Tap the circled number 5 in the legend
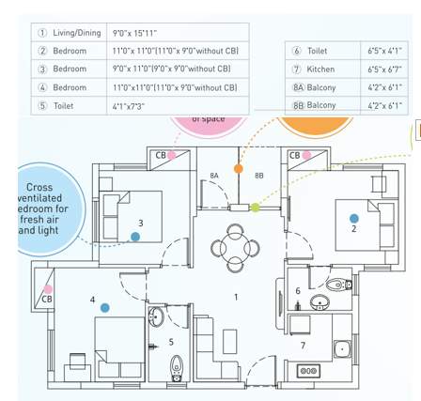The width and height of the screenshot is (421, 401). [x=42, y=106]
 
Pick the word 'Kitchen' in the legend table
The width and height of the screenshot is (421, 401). [x=320, y=69]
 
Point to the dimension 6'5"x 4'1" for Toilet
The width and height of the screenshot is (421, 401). [x=384, y=51]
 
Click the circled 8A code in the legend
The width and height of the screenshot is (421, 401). [x=298, y=87]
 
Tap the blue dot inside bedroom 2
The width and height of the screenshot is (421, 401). [x=354, y=218]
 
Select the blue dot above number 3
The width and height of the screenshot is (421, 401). [x=135, y=237]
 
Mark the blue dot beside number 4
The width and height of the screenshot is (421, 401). [x=104, y=307]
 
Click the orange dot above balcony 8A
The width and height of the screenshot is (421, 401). [x=239, y=169]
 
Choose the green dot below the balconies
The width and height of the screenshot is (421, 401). [x=255, y=208]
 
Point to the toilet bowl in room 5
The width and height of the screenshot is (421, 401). [x=176, y=368]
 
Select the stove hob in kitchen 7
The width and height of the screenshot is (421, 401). [x=309, y=370]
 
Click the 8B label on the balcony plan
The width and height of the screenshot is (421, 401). [x=259, y=176]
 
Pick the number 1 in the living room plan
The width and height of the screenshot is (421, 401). [x=236, y=297]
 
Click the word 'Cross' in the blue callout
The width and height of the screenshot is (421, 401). [x=39, y=187]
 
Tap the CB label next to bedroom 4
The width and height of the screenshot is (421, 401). [x=46, y=299]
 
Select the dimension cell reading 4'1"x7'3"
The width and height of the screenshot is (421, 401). [x=129, y=106]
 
